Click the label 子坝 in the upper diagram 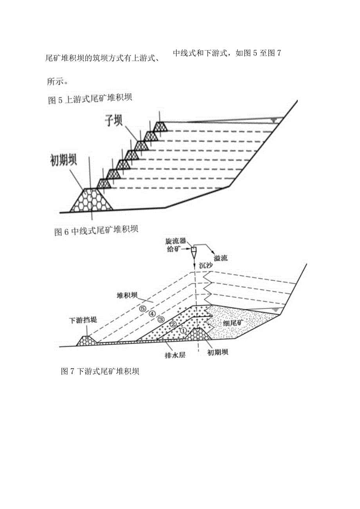pyautogui.click(x=113, y=120)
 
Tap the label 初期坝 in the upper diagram pyautogui.click(x=63, y=160)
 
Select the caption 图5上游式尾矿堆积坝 pyautogui.click(x=90, y=99)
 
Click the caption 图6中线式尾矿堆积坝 pyautogui.click(x=96, y=230)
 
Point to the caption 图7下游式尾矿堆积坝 pyautogui.click(x=100, y=371)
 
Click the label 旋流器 pyautogui.click(x=175, y=241)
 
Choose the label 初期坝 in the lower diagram pyautogui.click(x=218, y=352)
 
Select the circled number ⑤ pyautogui.click(x=142, y=308)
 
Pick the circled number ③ pyautogui.click(x=160, y=319)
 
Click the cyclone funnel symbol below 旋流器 pyautogui.click(x=194, y=251)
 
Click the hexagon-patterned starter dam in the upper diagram pyautogui.click(x=91, y=200)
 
